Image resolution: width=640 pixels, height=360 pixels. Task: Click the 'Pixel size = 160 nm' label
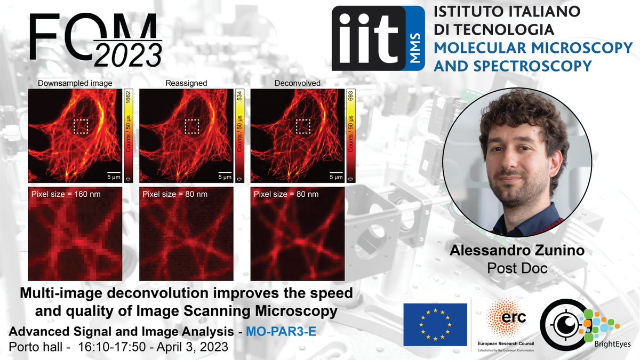tap(66, 194)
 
